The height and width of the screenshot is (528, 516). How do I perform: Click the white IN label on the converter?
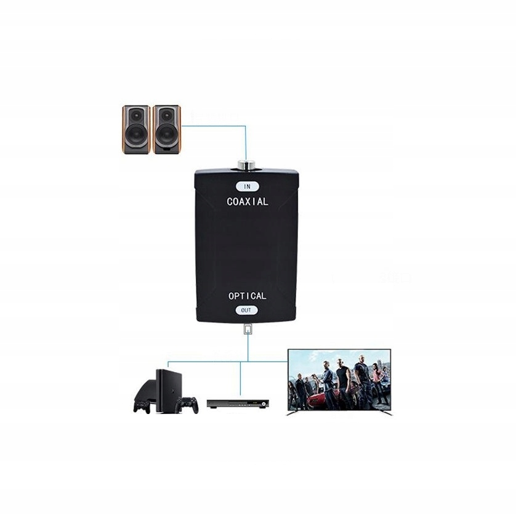(x=248, y=185)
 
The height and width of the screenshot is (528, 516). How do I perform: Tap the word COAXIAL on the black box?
(x=248, y=201)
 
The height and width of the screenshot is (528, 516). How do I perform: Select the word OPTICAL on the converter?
(x=248, y=296)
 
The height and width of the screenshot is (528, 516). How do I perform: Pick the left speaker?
(x=136, y=129)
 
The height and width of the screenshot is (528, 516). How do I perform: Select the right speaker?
(x=166, y=129)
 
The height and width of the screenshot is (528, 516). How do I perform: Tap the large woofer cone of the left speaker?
(x=136, y=137)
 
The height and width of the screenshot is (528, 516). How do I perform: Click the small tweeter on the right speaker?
(x=166, y=115)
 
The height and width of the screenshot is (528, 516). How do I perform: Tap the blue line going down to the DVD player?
(x=240, y=379)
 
